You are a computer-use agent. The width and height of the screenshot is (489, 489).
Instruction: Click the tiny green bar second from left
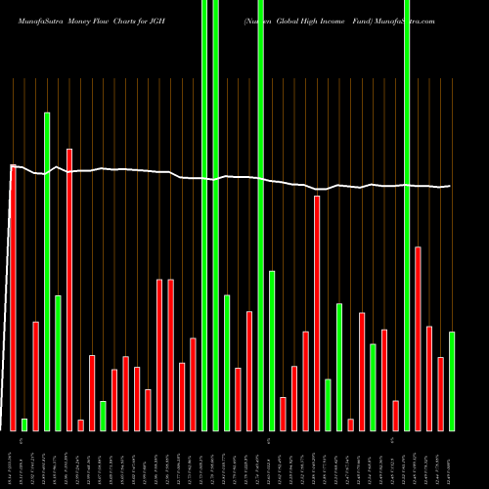(x=24, y=424)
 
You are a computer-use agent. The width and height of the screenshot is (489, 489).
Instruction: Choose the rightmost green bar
(x=452, y=381)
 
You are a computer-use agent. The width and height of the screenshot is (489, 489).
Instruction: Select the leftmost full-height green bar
(x=204, y=215)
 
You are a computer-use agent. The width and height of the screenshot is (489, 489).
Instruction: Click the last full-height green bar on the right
(x=407, y=215)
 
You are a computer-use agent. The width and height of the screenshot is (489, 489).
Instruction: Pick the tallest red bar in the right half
(x=317, y=313)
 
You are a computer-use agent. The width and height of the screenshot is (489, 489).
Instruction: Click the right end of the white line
(x=450, y=186)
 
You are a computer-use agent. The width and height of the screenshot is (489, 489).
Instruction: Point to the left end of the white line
(x=10, y=166)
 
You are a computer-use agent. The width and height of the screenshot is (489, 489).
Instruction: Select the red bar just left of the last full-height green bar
(x=395, y=416)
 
